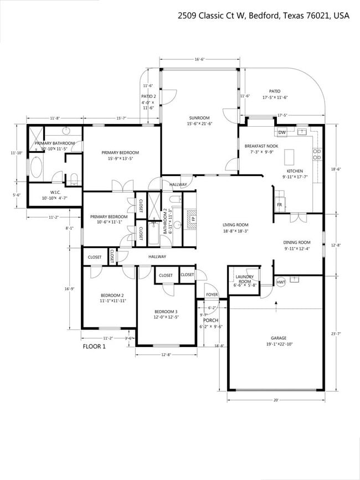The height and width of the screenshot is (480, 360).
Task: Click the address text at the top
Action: [x=263, y=16]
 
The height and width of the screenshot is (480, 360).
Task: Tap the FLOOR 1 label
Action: [x=94, y=347]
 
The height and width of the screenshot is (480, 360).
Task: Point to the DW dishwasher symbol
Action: [x=282, y=132]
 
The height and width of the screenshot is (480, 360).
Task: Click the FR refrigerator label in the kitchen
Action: [x=280, y=204]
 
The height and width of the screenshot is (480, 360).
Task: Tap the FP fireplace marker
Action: [x=193, y=219]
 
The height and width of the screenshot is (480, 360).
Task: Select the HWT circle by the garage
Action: [x=281, y=282]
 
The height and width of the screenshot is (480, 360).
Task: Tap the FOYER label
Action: [x=212, y=295]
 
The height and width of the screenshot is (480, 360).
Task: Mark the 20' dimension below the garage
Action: [x=276, y=400]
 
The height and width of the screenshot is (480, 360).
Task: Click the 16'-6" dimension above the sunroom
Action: [x=200, y=59]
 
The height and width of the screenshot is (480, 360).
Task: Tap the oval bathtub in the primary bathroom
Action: [x=37, y=167]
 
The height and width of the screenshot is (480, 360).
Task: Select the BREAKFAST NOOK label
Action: [x=261, y=146]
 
